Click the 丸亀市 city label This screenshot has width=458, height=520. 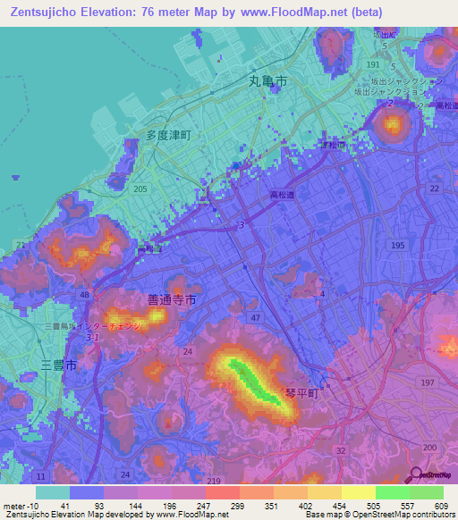click(x=267, y=80)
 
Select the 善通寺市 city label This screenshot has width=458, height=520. click(x=171, y=298)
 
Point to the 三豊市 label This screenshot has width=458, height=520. click(x=59, y=365)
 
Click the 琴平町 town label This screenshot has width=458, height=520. click(x=302, y=391)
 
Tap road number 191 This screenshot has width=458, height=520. click(x=373, y=65)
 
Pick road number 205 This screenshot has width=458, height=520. click(x=140, y=189)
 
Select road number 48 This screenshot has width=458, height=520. click(x=84, y=295)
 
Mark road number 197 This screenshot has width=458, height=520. click(x=428, y=382)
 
